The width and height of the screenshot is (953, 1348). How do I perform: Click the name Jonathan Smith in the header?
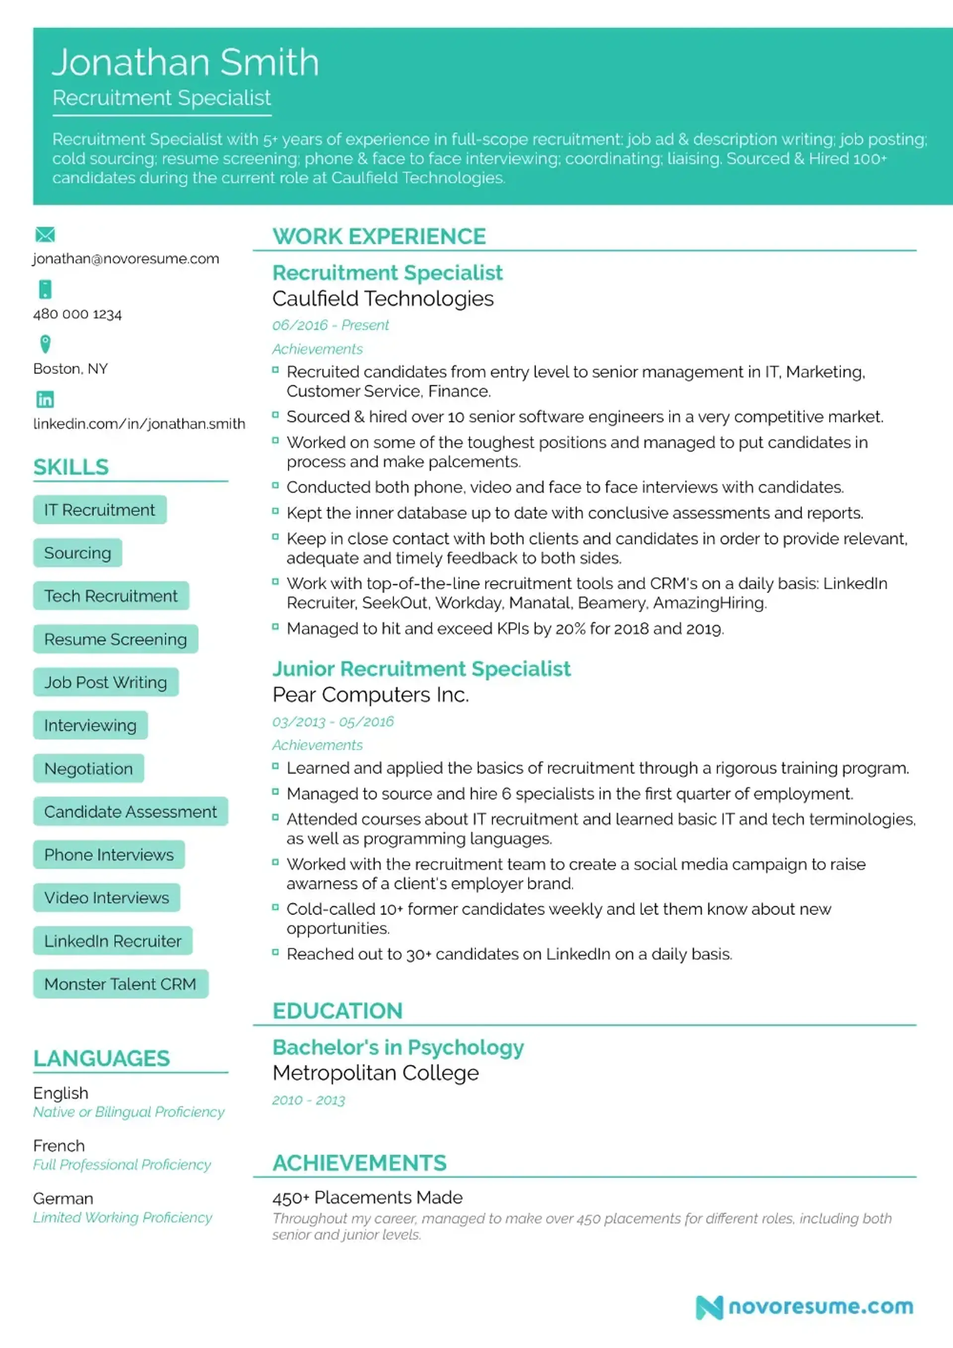coord(185,62)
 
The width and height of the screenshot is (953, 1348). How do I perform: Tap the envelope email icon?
coord(45,235)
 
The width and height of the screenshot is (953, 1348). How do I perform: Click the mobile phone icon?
coord(45,289)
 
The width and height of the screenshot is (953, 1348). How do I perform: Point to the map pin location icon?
coord(45,344)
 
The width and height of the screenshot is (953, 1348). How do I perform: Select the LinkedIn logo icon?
coord(45,399)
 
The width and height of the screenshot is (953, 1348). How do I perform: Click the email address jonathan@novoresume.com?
coord(126,259)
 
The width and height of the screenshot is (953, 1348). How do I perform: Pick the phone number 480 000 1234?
coord(77,314)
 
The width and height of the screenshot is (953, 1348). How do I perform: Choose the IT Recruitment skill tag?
coord(100,510)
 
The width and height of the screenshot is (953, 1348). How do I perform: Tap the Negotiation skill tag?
coord(89,769)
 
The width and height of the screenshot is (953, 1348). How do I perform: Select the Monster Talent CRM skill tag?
coord(121,984)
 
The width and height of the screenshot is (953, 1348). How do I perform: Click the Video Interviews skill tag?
coord(106,898)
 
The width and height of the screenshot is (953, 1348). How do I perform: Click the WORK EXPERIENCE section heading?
coord(379,237)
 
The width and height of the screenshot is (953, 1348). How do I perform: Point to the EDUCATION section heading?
coord(337,1011)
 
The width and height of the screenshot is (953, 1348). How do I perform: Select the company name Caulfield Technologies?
coord(383,299)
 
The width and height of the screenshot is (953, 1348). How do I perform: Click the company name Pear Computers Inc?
coord(370,695)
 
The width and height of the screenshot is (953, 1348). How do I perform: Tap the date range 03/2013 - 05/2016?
coord(333,721)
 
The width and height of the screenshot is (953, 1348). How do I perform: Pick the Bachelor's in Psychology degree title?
coord(398,1047)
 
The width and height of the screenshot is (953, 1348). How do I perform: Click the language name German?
coord(63,1198)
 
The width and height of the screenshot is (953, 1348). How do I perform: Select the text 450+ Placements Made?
coord(367,1197)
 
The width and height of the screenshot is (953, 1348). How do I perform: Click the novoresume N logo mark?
coord(709,1307)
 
